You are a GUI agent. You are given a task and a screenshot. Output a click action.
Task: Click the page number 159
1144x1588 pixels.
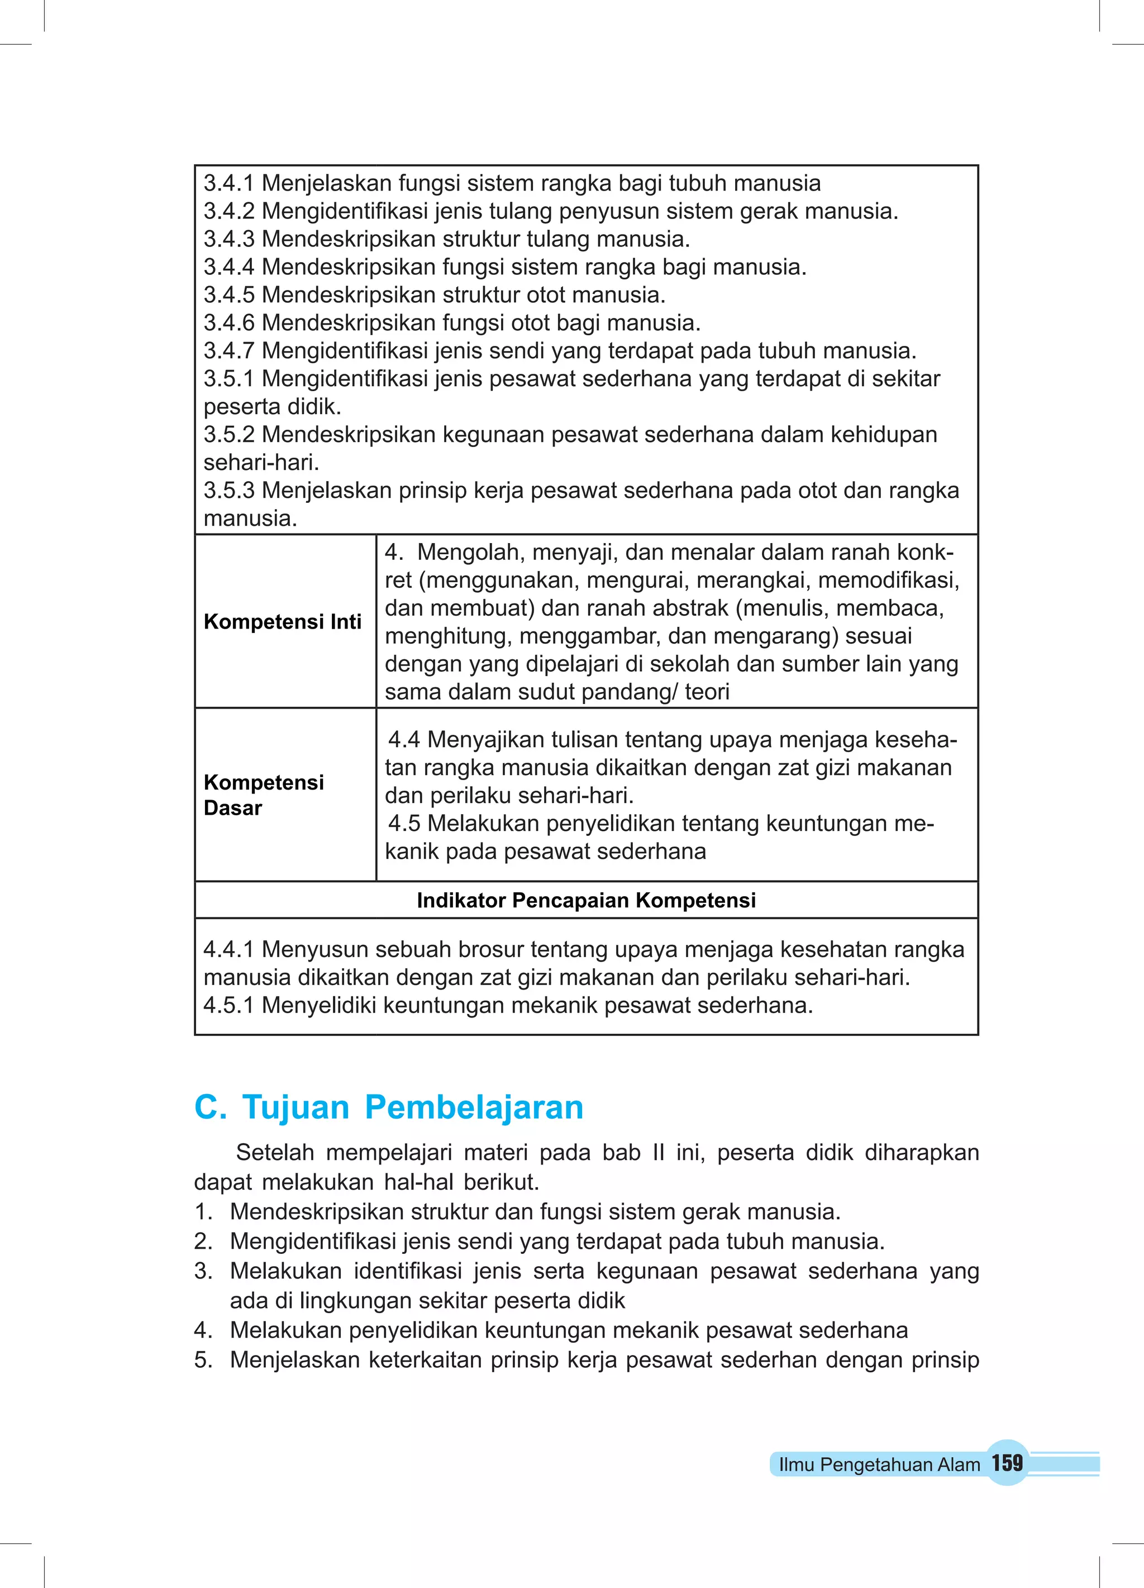1007,1463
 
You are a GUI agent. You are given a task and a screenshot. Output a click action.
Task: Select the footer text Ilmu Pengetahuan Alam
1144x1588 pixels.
879,1465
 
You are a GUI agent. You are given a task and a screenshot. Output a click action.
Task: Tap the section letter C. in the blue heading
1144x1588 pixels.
210,1107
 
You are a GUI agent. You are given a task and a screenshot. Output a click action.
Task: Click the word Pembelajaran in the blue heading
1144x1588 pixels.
474,1107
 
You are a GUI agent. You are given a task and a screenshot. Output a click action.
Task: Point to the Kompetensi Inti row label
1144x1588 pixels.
282,622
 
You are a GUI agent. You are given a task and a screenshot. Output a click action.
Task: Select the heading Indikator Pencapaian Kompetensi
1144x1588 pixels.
586,900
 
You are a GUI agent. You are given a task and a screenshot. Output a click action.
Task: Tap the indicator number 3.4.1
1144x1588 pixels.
228,183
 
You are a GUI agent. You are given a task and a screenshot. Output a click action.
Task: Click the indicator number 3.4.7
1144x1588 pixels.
228,351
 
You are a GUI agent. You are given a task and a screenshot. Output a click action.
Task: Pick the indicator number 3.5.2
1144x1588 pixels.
228,435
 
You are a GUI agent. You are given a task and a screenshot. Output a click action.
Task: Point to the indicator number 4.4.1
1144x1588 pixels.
228,949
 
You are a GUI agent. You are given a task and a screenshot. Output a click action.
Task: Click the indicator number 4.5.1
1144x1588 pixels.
228,1005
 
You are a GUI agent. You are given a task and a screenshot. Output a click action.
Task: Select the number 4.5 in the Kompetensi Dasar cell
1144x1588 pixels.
404,824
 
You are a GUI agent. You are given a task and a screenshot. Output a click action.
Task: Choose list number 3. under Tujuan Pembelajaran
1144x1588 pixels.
203,1271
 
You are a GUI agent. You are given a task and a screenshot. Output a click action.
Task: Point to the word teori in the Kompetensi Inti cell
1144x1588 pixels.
707,692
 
